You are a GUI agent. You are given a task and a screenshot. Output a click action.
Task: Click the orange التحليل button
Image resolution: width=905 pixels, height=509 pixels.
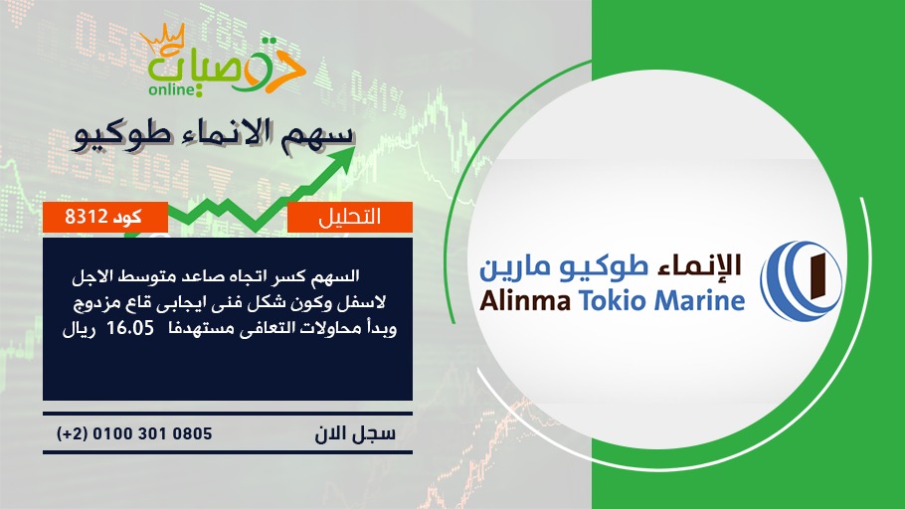(350, 217)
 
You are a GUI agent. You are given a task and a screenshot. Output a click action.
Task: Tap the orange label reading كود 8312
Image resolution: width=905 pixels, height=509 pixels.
(105, 217)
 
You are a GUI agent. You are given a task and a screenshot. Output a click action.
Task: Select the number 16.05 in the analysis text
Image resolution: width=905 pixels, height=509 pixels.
(130, 328)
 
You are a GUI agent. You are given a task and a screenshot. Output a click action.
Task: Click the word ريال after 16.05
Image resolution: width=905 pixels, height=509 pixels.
(79, 329)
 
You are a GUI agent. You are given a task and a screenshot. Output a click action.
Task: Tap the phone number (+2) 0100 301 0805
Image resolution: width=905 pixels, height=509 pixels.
(134, 433)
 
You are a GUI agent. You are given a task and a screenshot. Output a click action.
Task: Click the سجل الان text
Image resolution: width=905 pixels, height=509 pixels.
(355, 433)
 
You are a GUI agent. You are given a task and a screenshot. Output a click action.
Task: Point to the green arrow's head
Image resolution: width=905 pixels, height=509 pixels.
(342, 159)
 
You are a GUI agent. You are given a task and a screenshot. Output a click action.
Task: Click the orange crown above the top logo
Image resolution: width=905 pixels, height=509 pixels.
(163, 40)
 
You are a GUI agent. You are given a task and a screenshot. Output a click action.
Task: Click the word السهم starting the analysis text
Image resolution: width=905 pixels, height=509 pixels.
(335, 276)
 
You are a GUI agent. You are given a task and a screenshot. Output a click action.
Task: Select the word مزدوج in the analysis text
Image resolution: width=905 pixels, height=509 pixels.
(95, 303)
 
